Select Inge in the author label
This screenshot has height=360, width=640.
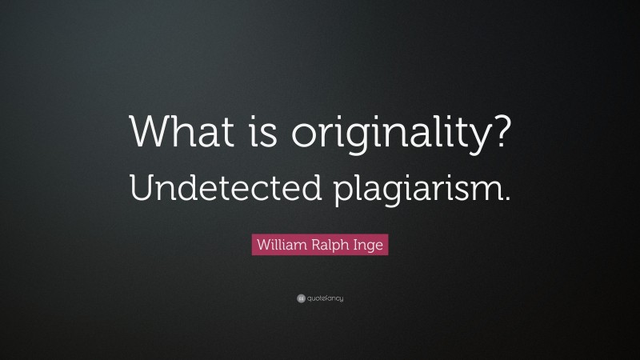click(370, 244)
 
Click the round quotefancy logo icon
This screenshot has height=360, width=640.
click(300, 298)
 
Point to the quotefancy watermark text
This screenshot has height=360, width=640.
click(325, 298)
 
